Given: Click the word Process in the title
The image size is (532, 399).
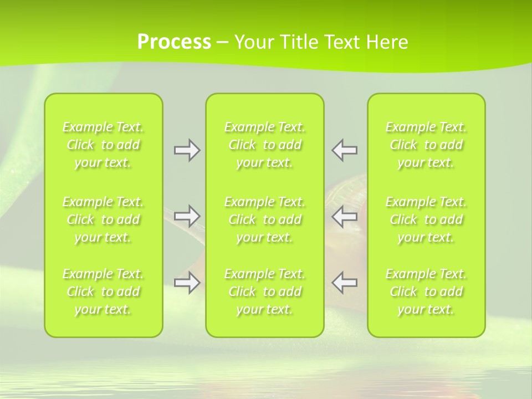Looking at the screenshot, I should click(174, 42).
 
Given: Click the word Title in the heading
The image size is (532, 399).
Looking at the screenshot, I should click(297, 42).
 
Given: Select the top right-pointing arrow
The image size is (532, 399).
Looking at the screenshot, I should click(187, 150).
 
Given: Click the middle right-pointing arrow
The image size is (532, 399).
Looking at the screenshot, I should click(187, 216).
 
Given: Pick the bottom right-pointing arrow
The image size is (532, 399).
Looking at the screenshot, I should click(187, 283).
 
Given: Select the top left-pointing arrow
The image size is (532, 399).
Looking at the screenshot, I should click(344, 150).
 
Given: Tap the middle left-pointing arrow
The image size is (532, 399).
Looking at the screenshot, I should click(344, 216).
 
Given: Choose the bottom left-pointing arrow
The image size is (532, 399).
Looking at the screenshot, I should click(344, 283).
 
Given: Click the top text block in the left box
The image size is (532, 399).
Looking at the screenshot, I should click(103, 145).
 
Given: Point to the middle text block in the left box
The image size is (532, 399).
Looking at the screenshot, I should click(103, 219).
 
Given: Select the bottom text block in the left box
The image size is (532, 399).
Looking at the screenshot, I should click(103, 291).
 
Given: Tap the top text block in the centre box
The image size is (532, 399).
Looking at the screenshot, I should click(265, 145).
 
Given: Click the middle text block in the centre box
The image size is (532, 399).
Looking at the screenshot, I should click(265, 219).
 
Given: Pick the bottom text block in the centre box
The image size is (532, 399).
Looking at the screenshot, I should click(265, 291).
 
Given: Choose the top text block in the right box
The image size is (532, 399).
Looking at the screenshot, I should click(426, 145).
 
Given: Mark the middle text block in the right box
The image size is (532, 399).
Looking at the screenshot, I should click(426, 219).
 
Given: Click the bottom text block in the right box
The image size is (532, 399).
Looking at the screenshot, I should click(426, 291).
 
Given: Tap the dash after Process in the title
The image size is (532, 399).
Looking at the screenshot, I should click(223, 43).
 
